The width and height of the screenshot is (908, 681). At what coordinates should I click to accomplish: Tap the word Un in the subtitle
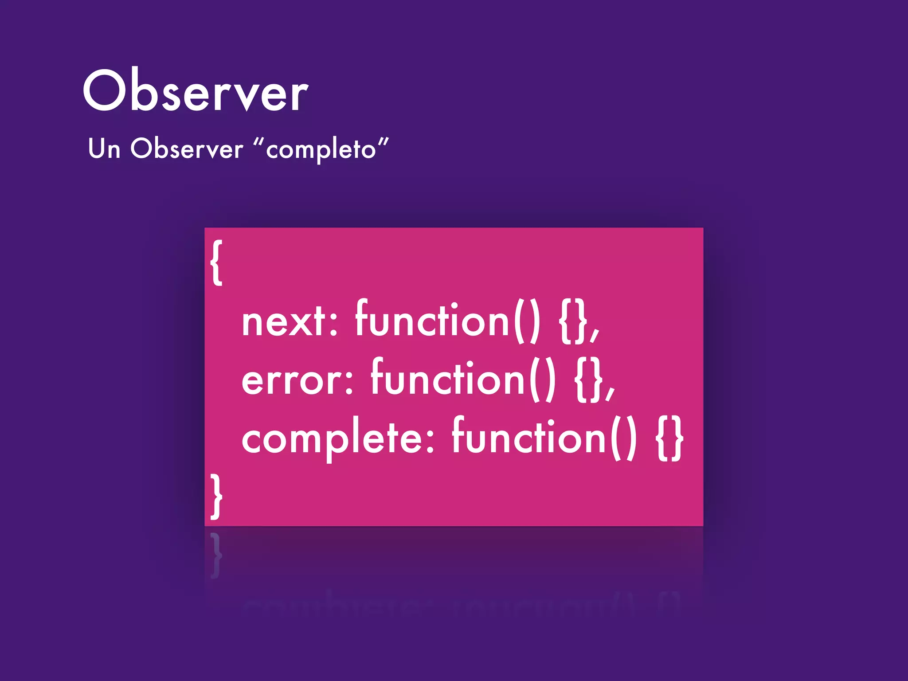[x=104, y=149]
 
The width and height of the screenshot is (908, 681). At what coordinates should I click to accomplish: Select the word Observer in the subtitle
[x=187, y=149]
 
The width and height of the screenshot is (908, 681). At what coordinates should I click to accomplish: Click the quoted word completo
[x=321, y=149]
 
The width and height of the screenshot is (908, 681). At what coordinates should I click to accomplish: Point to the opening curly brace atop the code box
[x=216, y=262]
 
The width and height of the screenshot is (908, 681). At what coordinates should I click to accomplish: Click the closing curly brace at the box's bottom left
[x=216, y=496]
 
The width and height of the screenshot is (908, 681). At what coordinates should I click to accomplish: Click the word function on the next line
[x=432, y=319]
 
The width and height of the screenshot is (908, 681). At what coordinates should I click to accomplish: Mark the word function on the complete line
[x=529, y=437]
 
